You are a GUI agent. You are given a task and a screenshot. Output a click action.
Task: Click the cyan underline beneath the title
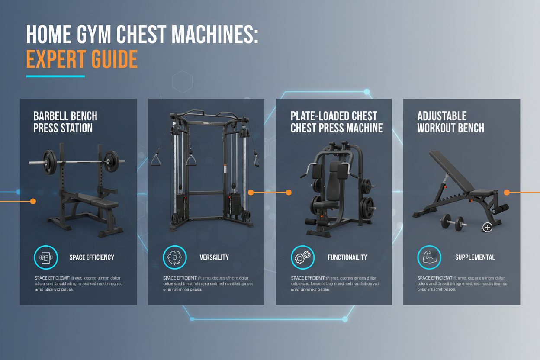(55, 77)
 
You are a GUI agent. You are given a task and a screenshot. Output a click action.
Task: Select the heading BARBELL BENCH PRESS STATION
(65, 122)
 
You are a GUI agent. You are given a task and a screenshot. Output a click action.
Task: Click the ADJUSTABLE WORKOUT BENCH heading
(450, 122)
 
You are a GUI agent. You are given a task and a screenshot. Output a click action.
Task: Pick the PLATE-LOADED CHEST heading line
(334, 116)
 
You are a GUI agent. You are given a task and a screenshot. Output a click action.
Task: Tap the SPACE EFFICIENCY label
(92, 257)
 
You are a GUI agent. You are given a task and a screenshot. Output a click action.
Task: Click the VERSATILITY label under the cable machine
(214, 257)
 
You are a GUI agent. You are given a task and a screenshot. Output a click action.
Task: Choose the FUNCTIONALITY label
(347, 257)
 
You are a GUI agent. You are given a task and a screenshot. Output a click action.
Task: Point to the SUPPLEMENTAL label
(475, 257)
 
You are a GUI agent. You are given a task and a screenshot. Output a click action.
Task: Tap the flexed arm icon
(429, 257)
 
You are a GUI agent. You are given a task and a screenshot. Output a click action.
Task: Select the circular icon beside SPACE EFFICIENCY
(45, 257)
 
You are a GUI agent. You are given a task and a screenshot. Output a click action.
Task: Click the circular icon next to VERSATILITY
(174, 257)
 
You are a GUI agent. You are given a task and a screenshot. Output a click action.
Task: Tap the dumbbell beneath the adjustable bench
(453, 223)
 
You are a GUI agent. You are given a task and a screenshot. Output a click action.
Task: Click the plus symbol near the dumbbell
(487, 227)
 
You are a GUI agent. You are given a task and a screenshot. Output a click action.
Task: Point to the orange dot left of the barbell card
(32, 201)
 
